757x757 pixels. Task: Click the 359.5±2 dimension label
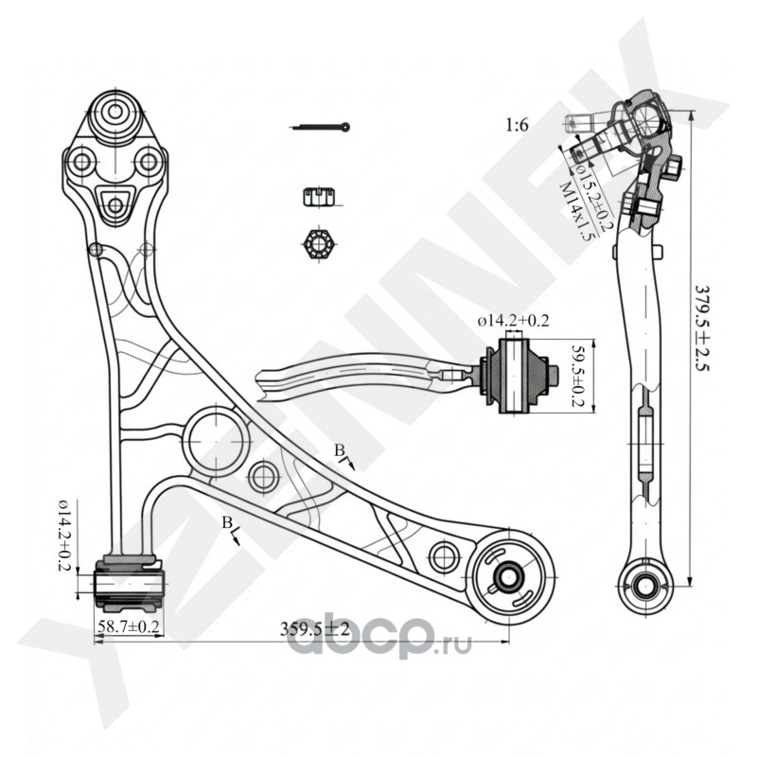pos(315,627)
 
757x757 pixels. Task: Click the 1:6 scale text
pos(517,124)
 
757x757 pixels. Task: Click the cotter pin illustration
pos(320,127)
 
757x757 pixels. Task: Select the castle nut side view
pos(317,197)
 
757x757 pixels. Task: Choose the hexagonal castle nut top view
pos(318,243)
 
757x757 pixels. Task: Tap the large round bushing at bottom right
pos(510,575)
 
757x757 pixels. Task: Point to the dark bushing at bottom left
pos(130,585)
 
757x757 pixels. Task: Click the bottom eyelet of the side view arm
pos(646,584)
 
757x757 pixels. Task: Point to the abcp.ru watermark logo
pos(379,642)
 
